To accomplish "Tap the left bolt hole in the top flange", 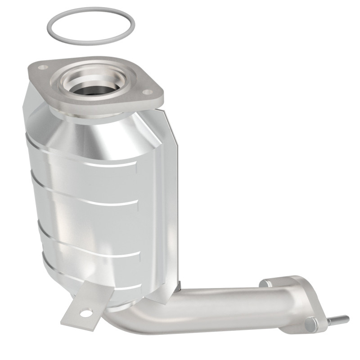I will tap(43, 67).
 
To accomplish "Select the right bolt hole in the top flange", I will tap(147, 92).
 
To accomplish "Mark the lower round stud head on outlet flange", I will tap(310, 324).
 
